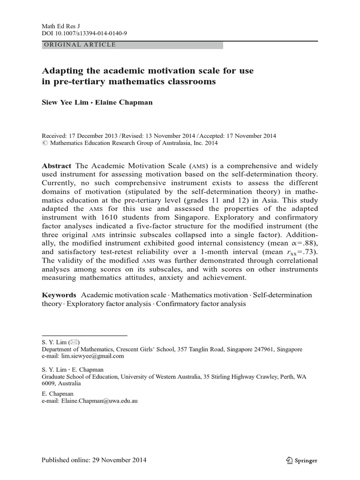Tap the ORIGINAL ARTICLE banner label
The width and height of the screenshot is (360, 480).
[79, 45]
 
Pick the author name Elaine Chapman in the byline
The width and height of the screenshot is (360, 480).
[124, 103]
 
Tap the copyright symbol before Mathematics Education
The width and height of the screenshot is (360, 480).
[45, 144]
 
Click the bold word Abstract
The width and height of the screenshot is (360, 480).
[57, 166]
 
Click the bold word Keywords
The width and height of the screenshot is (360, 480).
[59, 295]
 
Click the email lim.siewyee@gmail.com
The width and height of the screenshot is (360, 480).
[90, 356]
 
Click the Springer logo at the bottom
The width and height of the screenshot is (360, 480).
[302, 460]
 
